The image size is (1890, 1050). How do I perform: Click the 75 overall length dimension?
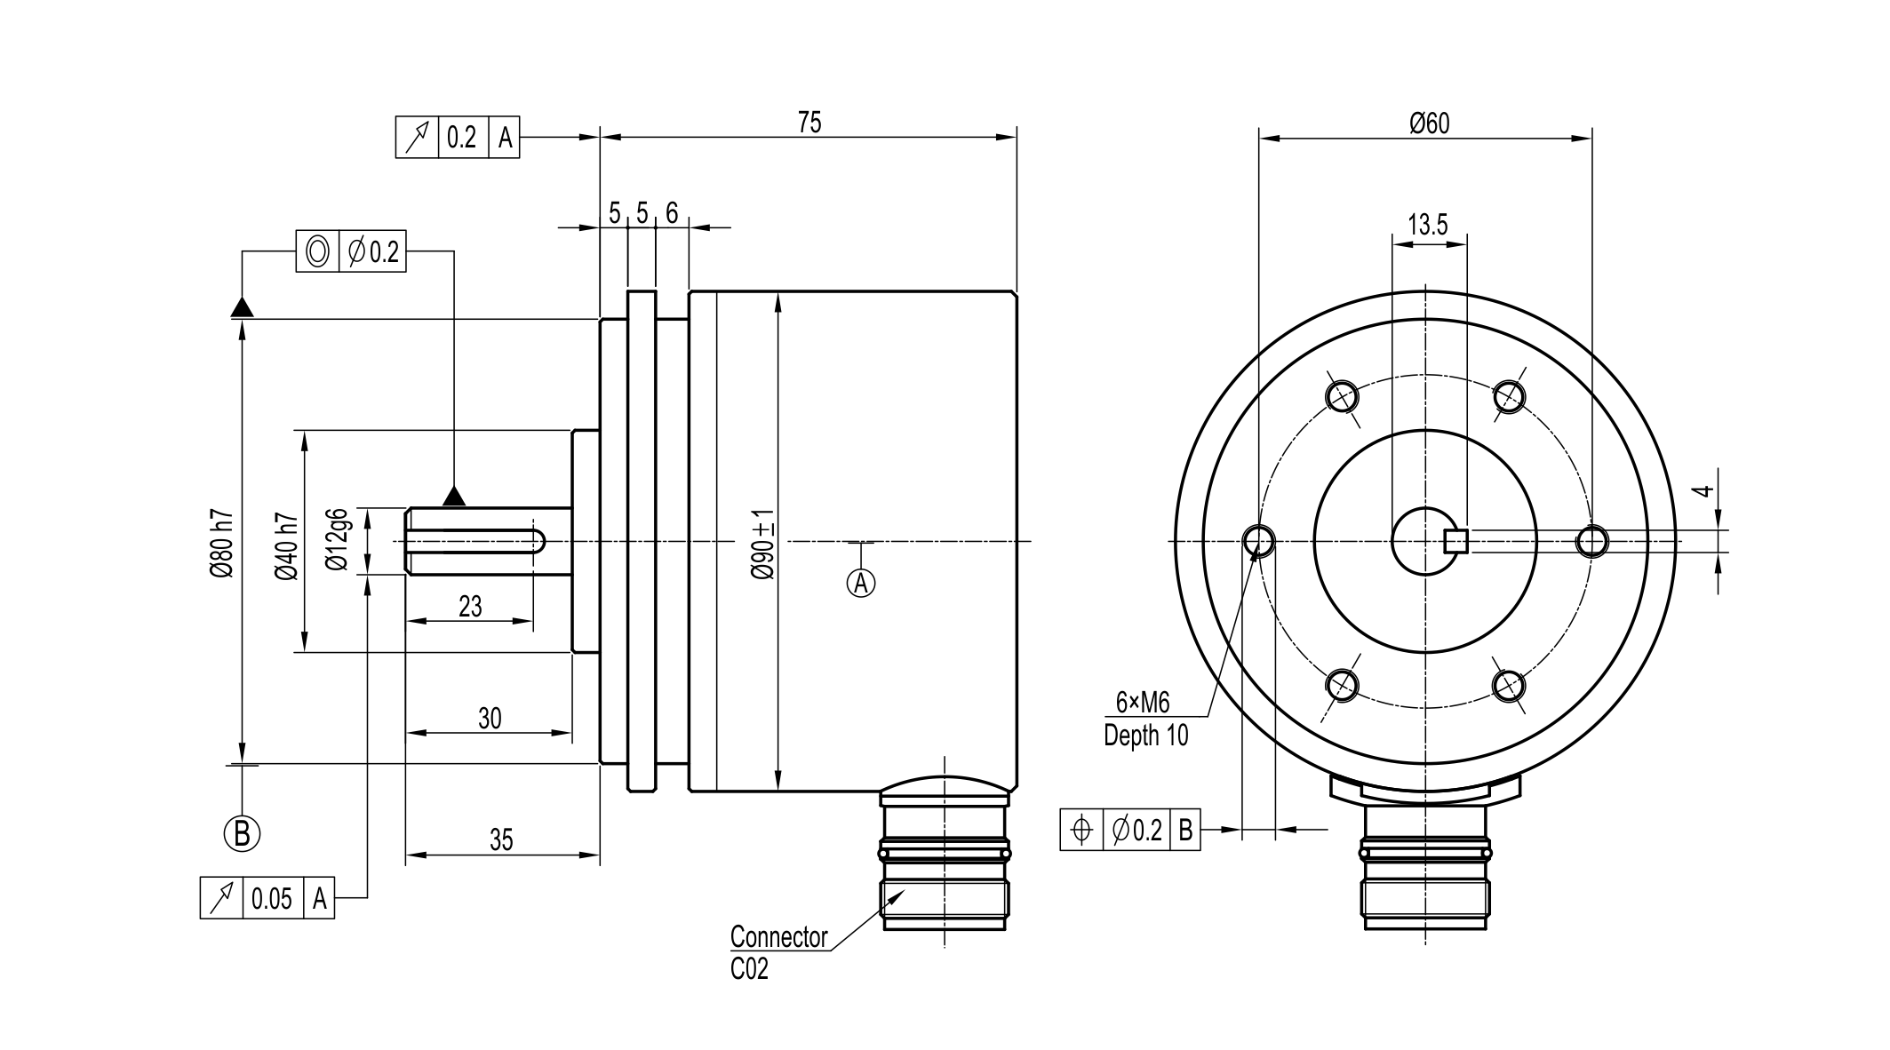[809, 123]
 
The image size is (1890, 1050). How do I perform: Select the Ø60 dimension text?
[1429, 123]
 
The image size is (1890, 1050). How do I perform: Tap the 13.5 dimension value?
[1427, 225]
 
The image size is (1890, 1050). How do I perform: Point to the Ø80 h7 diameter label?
[221, 545]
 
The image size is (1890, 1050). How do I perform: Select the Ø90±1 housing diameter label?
[762, 545]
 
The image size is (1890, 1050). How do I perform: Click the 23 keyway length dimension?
[470, 607]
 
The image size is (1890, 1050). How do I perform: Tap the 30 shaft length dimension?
[490, 719]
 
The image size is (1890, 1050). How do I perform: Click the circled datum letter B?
[242, 833]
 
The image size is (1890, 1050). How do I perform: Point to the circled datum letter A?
[860, 583]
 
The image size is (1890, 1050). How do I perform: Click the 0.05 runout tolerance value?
[271, 899]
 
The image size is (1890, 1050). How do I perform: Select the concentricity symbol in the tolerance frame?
[317, 252]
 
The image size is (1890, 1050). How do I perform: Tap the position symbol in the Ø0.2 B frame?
[1081, 831]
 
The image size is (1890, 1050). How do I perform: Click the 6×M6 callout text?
[1143, 703]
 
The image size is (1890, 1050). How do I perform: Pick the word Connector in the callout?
[778, 937]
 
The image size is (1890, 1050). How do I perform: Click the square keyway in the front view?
[1455, 540]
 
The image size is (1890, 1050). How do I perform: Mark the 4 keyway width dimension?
[1702, 490]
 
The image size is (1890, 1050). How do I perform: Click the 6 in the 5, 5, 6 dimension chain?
[672, 213]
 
